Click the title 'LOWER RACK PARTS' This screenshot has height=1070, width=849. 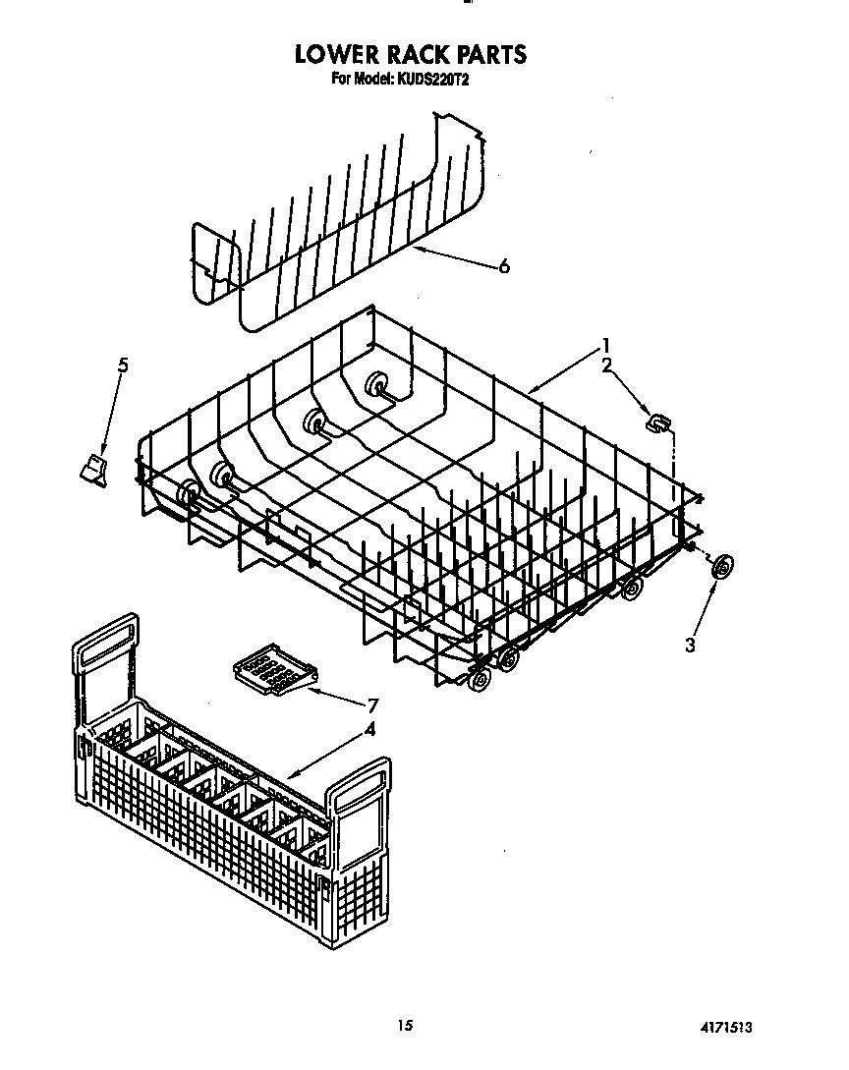411,54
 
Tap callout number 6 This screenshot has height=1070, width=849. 504,266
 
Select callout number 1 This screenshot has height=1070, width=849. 607,345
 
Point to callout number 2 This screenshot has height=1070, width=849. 607,366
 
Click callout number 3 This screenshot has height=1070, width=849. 690,645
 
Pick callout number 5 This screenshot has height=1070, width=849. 123,366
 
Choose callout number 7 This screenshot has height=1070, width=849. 372,704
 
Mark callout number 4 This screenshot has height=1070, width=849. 369,729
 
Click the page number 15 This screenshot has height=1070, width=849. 404,1026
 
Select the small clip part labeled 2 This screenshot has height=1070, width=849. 657,422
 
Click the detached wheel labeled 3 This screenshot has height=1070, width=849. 723,567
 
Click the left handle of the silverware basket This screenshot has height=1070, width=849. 105,669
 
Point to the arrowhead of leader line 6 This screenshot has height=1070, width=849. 414,249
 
